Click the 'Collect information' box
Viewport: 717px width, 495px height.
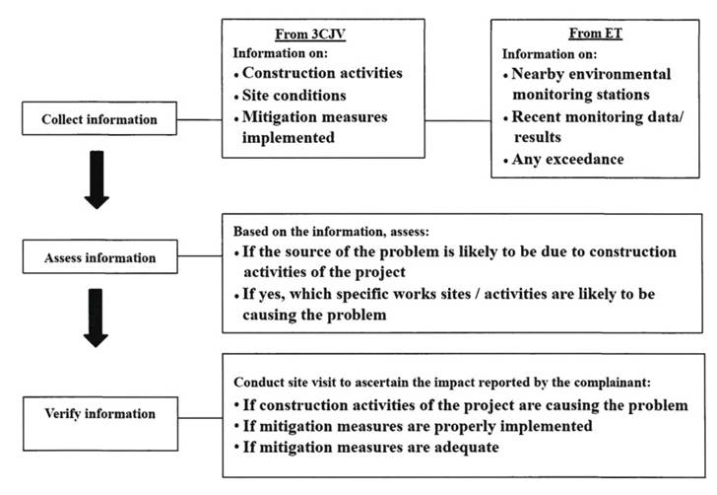click(99, 118)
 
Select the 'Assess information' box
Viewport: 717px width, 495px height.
click(100, 257)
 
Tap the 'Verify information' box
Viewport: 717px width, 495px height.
click(100, 424)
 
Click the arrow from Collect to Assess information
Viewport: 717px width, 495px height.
click(97, 179)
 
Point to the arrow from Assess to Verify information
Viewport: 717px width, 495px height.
click(97, 318)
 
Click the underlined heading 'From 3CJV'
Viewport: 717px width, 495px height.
click(310, 35)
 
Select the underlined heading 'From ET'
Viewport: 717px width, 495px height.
click(595, 34)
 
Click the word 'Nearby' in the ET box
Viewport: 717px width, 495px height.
click(538, 74)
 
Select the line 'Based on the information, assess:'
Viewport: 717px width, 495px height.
click(332, 232)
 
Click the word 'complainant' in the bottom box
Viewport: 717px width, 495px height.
click(612, 383)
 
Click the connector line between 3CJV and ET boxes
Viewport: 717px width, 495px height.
click(458, 121)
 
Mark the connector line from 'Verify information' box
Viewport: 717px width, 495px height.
click(200, 418)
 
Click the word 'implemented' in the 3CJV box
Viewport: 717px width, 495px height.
click(289, 138)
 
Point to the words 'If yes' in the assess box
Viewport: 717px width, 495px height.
click(264, 295)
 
